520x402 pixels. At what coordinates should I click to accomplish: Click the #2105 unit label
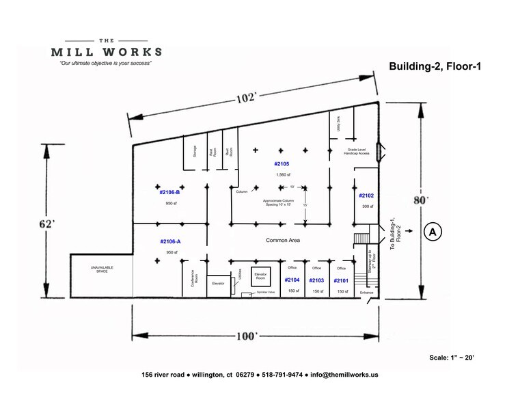[x=282, y=164]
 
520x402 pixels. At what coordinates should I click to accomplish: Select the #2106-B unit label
[x=169, y=193]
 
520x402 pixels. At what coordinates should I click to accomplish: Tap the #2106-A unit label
[x=170, y=241]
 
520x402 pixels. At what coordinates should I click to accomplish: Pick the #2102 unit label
[x=367, y=196]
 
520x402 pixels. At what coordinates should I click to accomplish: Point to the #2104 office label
[x=292, y=280]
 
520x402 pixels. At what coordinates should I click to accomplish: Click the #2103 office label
[x=316, y=281]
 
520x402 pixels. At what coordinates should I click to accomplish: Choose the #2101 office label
[x=341, y=281]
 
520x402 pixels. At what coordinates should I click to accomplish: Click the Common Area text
[x=283, y=241]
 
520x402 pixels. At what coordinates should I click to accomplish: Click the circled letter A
[x=432, y=232]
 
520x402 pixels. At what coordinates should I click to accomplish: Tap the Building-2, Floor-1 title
[x=428, y=66]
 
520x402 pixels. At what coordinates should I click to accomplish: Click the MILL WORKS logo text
[x=107, y=51]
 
